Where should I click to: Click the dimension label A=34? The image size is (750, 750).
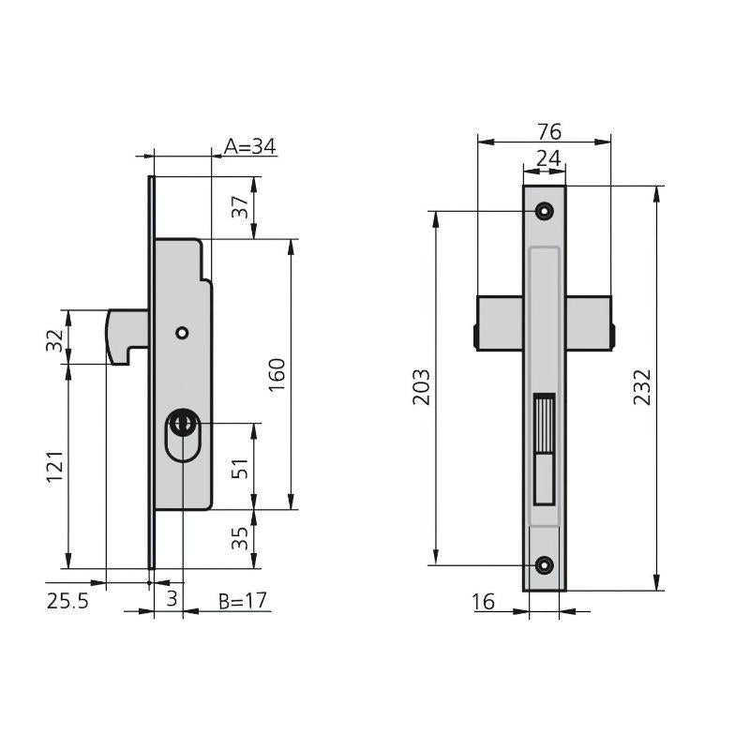tap(249, 146)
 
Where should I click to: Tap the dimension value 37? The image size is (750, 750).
tap(240, 206)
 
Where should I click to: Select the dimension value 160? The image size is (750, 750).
tap(277, 375)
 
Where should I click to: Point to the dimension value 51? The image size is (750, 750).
tap(240, 468)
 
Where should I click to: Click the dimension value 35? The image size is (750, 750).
tap(240, 538)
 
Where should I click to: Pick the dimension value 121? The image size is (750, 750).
tap(55, 466)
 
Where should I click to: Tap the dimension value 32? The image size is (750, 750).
tap(55, 340)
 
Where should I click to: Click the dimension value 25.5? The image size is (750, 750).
tap(67, 601)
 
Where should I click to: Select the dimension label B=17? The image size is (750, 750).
tap(243, 601)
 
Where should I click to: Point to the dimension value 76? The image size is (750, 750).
tap(549, 131)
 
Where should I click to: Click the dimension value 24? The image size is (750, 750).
tap(548, 157)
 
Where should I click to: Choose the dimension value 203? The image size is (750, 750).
tap(421, 386)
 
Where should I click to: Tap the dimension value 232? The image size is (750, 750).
tap(642, 387)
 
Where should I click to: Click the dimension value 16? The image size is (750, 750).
tap(483, 602)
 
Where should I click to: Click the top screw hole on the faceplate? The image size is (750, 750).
tap(544, 210)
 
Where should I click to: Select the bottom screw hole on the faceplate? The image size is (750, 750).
tap(544, 565)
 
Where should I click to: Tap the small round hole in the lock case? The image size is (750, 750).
tap(182, 333)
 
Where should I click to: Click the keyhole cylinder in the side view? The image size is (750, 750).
tap(182, 435)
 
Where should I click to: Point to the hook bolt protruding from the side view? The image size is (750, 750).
tap(127, 337)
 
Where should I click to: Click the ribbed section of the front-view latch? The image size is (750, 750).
tap(544, 424)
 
